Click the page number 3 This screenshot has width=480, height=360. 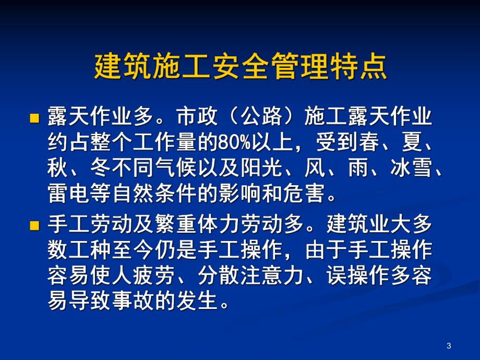[449, 346]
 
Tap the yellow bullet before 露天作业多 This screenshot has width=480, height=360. [34, 118]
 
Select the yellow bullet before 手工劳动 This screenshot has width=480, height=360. [34, 226]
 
